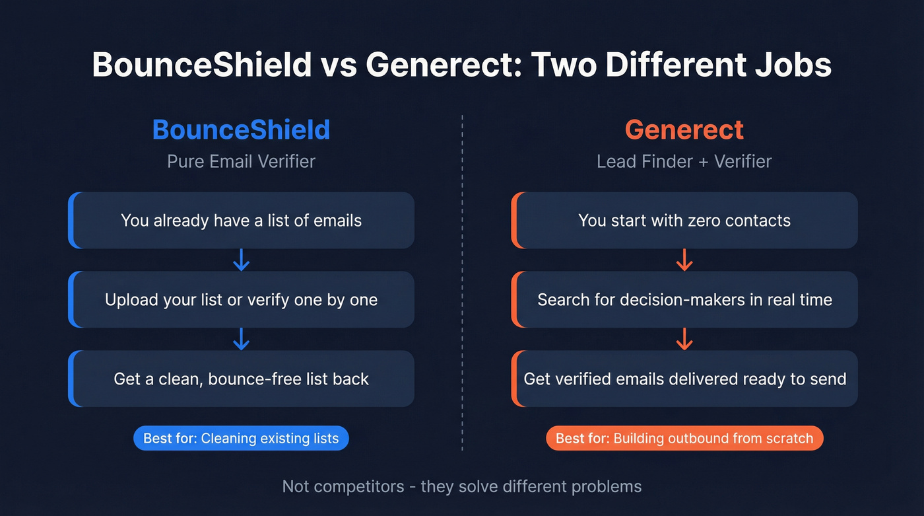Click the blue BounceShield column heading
click(241, 129)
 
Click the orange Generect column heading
click(684, 129)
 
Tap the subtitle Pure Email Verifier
click(241, 161)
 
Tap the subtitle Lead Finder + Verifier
click(684, 161)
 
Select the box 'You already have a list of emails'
click(241, 220)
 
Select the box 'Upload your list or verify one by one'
click(241, 299)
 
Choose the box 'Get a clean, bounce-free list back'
click(241, 379)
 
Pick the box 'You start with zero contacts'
click(684, 220)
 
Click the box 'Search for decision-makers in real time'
click(684, 299)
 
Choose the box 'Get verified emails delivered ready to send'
click(684, 379)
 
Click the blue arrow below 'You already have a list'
click(242, 260)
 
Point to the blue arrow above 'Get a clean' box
click(242, 339)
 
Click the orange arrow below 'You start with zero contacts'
click(684, 260)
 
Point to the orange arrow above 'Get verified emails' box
click(684, 339)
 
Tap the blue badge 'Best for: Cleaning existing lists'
click(241, 438)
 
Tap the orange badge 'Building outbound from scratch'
click(684, 438)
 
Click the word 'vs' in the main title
click(338, 65)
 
